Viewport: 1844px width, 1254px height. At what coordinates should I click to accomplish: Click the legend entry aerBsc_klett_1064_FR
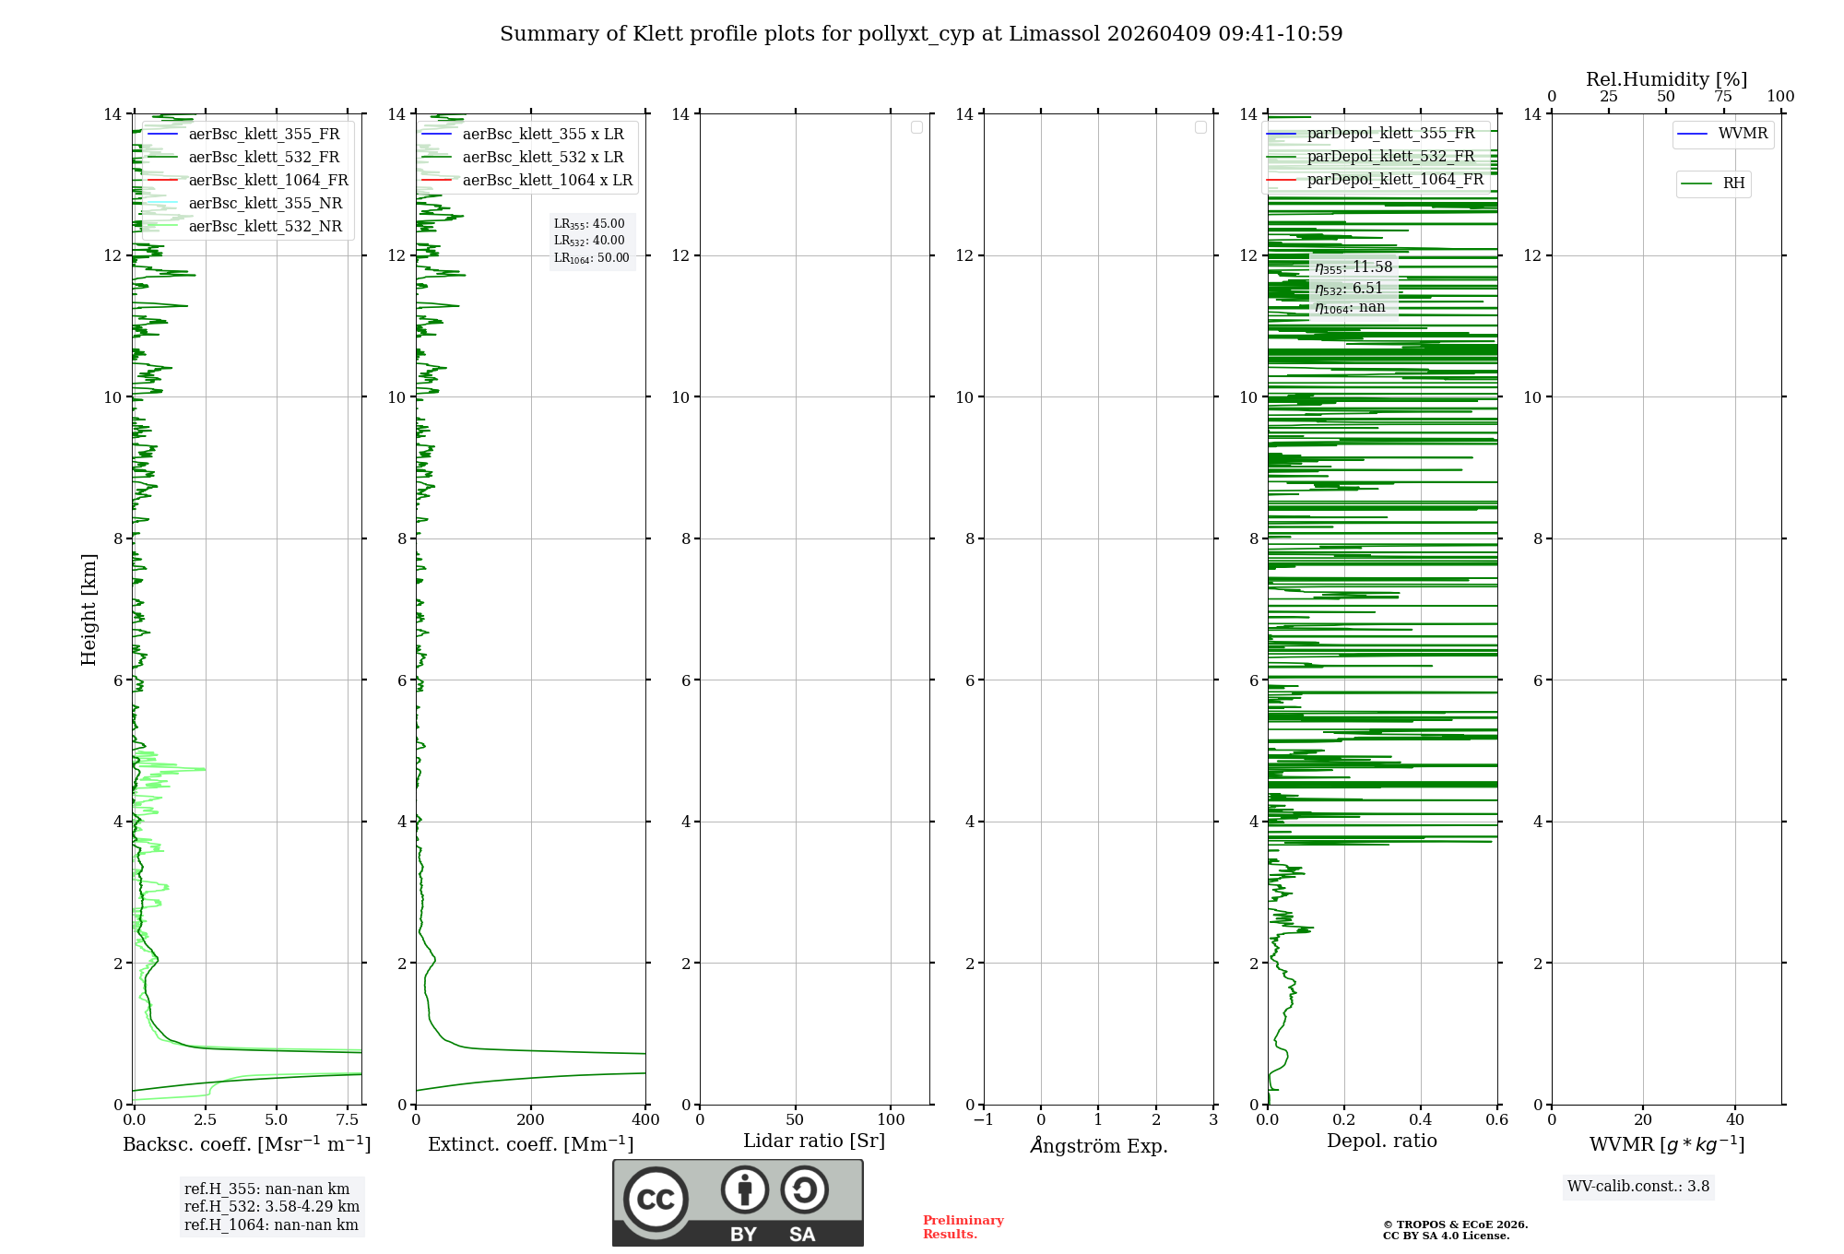268,181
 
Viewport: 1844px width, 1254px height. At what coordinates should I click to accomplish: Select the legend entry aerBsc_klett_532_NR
265,227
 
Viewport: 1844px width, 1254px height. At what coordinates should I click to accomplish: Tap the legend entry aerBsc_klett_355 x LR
543,135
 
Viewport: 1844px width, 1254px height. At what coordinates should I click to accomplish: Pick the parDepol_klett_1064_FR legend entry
1395,180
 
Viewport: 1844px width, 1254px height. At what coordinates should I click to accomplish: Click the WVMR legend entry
1743,134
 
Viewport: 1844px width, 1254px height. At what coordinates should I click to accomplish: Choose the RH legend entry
1733,183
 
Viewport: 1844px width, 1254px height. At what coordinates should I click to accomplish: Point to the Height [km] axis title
89,609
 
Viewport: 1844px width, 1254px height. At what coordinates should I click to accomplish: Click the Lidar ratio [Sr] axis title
814,1142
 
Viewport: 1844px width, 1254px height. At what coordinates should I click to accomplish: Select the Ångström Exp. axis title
1098,1146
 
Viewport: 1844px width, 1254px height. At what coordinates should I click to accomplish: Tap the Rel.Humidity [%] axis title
1666,79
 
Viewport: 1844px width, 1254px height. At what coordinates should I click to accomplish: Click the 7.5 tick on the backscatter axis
348,1120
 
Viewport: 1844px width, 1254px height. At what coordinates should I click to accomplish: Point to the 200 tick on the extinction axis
531,1120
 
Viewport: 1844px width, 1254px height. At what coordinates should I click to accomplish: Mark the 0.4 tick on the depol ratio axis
1421,1120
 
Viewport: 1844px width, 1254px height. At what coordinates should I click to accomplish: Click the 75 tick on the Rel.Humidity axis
1722,97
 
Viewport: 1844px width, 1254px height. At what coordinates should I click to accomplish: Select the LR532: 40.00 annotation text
589,241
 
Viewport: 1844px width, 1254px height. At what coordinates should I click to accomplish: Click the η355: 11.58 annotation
1353,267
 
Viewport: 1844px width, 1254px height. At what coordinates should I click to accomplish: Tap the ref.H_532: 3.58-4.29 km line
272,1207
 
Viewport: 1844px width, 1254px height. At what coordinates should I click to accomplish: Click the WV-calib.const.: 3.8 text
1638,1187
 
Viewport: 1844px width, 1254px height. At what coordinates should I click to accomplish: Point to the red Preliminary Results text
963,1227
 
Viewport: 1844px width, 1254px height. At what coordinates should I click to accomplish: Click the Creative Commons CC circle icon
656,1200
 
